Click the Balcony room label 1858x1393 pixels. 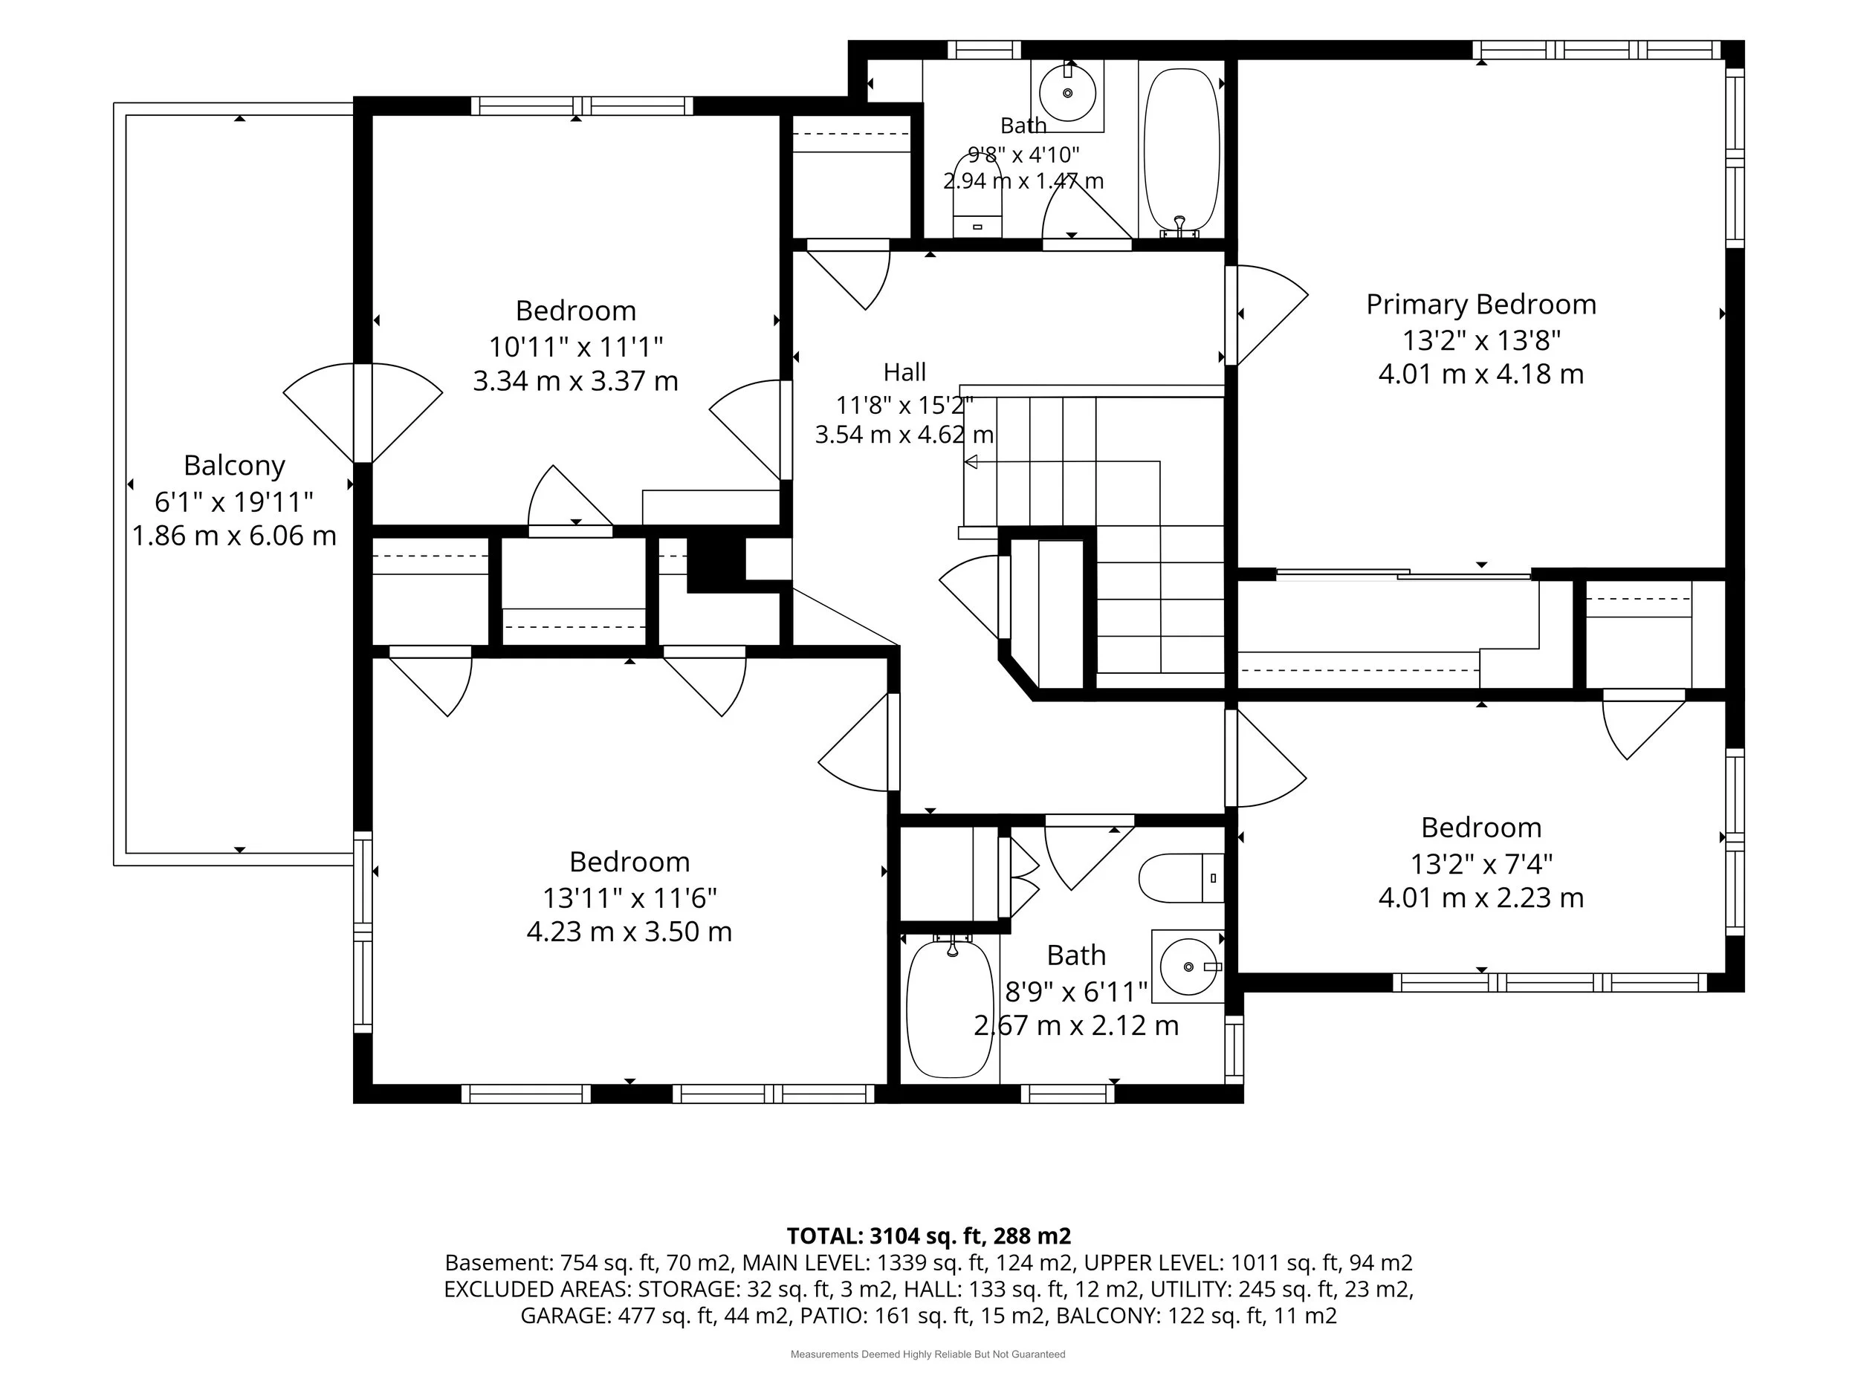tap(234, 465)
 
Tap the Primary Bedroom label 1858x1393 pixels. tap(1481, 304)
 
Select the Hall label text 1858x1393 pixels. tap(904, 371)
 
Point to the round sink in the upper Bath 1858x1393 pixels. tap(1067, 92)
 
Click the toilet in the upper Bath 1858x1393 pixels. tap(977, 195)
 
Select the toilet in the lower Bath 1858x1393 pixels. tap(1181, 877)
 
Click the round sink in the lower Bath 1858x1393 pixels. tap(1188, 967)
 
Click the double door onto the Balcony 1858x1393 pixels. tap(363, 413)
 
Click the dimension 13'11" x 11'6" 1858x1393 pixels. tap(629, 897)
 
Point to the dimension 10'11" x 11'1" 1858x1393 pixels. tap(576, 346)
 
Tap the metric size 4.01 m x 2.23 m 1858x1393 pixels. tap(1481, 897)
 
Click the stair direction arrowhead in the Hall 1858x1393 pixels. tap(971, 462)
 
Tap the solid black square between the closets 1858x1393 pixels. tap(716, 563)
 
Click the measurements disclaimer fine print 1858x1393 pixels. tap(928, 1354)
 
